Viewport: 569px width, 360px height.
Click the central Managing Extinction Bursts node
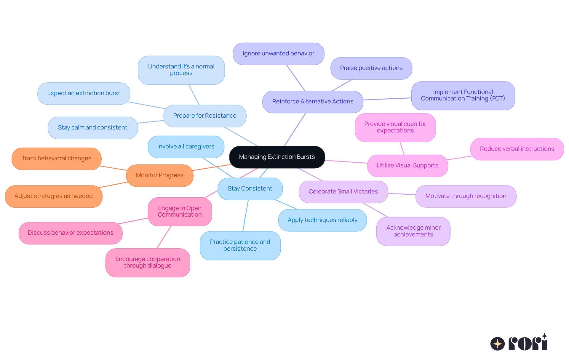click(277, 157)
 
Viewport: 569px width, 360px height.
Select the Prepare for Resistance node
click(205, 116)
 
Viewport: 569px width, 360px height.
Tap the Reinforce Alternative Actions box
click(313, 102)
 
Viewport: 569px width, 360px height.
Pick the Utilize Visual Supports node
click(407, 166)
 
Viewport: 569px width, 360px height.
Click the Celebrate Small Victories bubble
click(343, 192)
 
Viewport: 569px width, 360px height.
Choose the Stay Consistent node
click(250, 189)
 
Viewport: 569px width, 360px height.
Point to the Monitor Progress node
click(159, 175)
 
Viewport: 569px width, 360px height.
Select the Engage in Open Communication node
click(180, 212)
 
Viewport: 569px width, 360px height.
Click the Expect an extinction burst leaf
click(84, 93)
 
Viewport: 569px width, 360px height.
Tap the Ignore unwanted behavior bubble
click(278, 54)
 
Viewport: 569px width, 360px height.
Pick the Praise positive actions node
click(371, 68)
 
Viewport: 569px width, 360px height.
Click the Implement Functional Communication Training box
click(463, 95)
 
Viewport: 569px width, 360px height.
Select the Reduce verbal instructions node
click(517, 149)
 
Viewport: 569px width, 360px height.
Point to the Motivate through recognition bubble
click(466, 196)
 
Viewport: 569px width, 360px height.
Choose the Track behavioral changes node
click(56, 159)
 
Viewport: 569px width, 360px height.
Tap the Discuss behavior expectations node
click(71, 233)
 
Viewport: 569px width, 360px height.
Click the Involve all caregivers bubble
click(186, 147)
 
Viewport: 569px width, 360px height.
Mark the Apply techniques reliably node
click(322, 220)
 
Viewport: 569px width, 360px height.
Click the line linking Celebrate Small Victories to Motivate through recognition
click(402, 194)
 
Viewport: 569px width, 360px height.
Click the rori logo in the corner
click(519, 343)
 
